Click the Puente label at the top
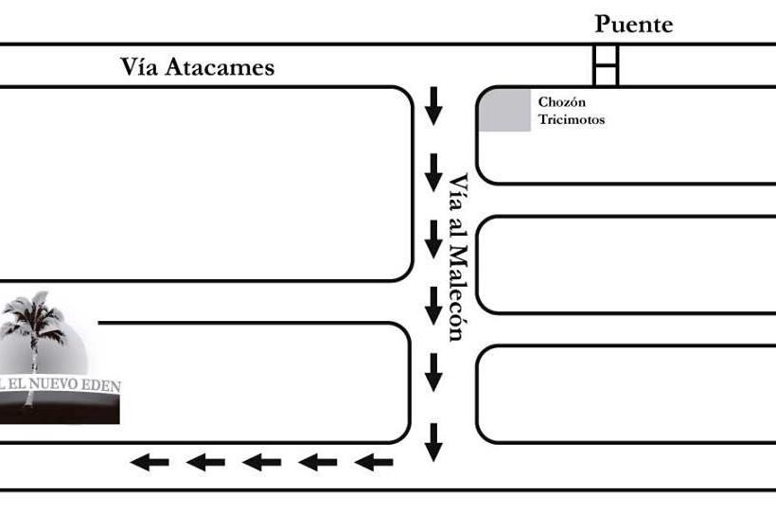[x=633, y=25]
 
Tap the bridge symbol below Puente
[x=606, y=65]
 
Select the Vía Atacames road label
[x=197, y=67]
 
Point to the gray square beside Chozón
[x=503, y=110]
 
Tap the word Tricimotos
[x=571, y=120]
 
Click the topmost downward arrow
[x=433, y=105]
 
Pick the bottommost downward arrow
[x=433, y=442]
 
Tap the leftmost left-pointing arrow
[x=150, y=462]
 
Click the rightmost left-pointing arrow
[x=374, y=462]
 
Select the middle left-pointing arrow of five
[x=262, y=462]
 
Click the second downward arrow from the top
[x=433, y=172]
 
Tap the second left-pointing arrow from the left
[x=205, y=462]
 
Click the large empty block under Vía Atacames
[x=203, y=184]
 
